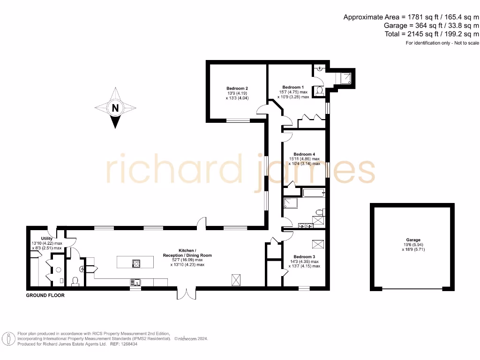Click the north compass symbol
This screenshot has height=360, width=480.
pyautogui.click(x=115, y=108)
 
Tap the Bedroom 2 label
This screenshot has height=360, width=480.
pyautogui.click(x=237, y=89)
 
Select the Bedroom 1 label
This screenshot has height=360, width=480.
pyautogui.click(x=293, y=87)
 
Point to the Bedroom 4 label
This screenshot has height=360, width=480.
pyautogui.click(x=304, y=154)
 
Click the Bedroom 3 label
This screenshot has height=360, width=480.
pyautogui.click(x=304, y=257)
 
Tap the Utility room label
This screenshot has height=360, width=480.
pyautogui.click(x=47, y=239)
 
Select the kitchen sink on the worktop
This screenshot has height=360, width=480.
pyautogui.click(x=134, y=282)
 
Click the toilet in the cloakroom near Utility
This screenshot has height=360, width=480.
pyautogui.click(x=75, y=281)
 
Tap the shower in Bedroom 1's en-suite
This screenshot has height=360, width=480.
pyautogui.click(x=347, y=78)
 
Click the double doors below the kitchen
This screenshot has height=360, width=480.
pyautogui.click(x=186, y=293)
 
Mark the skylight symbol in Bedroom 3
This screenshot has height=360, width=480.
pyautogui.click(x=317, y=244)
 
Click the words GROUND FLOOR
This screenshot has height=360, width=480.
pyautogui.click(x=45, y=296)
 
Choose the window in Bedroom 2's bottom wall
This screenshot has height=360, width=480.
pyautogui.click(x=238, y=121)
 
